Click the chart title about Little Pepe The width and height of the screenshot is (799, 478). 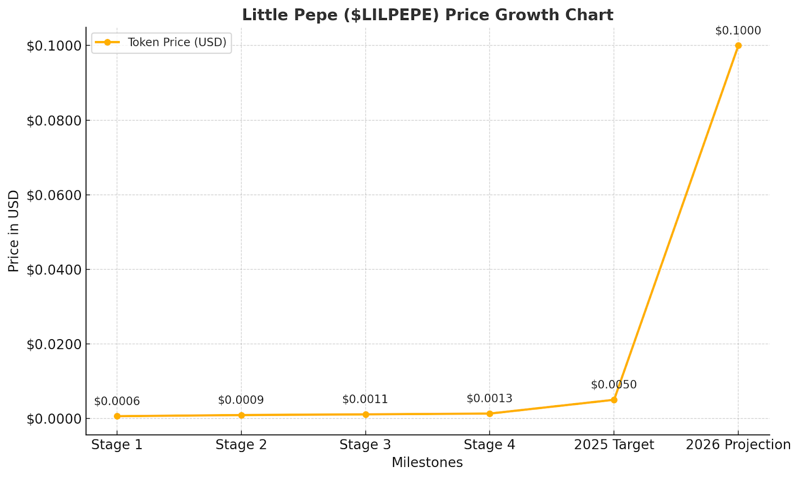point(427,15)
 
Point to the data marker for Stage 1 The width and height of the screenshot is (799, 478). point(117,416)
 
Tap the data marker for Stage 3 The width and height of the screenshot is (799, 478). point(366,415)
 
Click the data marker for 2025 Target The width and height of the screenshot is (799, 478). point(614,400)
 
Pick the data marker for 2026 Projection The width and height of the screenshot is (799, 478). point(738,45)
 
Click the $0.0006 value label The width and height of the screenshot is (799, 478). point(117,402)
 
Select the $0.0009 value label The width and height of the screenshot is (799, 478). point(241,401)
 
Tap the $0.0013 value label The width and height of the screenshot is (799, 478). point(489,399)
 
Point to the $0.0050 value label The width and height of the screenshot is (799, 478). point(614,385)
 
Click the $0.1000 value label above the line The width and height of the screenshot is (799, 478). point(738,31)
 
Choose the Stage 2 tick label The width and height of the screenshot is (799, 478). point(241,445)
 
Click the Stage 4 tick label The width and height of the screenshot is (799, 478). point(489,445)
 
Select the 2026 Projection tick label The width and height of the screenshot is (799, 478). point(738,445)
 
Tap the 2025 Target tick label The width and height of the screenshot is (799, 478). point(614,445)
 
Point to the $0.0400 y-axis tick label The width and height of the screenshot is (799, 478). point(53,270)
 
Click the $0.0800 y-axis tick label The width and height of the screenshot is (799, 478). point(53,121)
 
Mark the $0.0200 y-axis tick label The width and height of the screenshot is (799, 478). point(53,344)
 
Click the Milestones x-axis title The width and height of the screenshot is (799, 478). point(427,463)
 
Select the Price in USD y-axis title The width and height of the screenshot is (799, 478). point(14,231)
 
